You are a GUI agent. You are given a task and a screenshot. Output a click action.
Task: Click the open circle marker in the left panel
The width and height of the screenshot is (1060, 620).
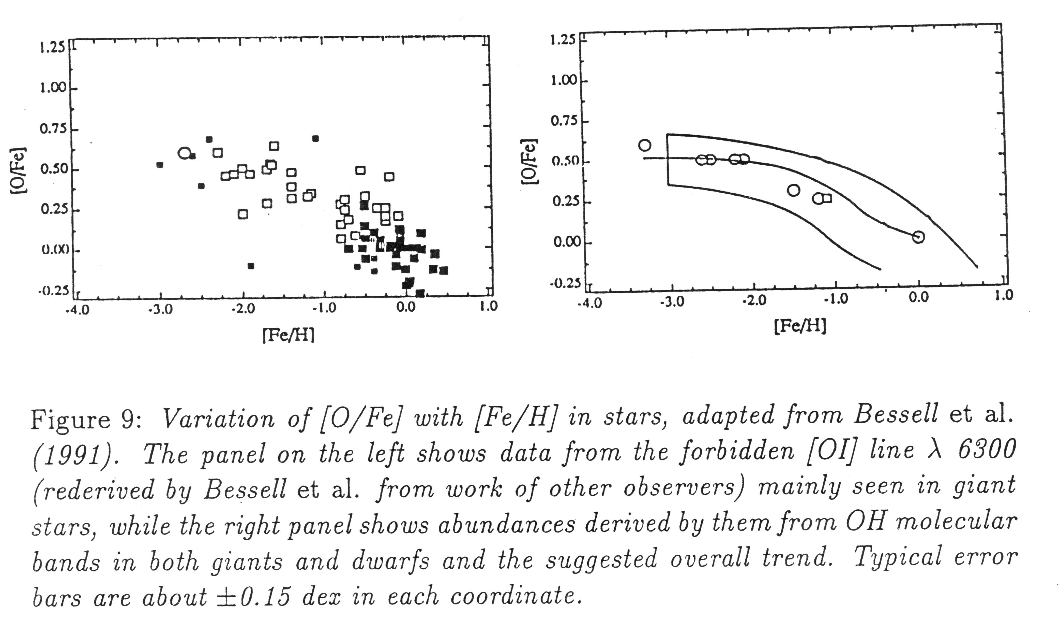[184, 153]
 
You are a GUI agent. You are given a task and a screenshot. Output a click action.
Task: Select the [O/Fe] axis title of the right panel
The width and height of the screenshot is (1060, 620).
[528, 161]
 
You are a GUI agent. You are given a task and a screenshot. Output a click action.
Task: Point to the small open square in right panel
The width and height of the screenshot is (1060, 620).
[827, 198]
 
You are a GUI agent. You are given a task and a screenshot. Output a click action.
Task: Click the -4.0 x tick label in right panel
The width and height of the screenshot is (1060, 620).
[590, 303]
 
